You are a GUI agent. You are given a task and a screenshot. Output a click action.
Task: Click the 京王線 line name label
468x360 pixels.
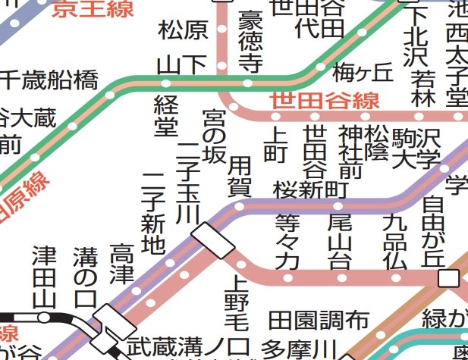(93, 8)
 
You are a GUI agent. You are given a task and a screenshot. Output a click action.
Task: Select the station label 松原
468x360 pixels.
(183, 31)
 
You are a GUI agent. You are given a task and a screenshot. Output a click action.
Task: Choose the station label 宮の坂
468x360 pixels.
(214, 137)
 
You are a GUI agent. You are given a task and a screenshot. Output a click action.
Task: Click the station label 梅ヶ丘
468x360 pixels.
(363, 73)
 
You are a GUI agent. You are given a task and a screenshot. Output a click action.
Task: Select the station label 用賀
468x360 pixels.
(240, 176)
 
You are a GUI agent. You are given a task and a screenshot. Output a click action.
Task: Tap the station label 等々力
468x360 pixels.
(287, 242)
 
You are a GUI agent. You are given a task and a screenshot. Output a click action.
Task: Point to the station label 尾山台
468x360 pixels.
(339, 242)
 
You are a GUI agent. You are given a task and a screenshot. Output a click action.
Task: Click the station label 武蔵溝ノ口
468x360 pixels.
(187, 347)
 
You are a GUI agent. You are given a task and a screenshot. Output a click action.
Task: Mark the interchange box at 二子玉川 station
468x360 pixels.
(213, 240)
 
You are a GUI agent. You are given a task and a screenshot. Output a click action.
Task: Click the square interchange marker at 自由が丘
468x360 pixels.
(449, 278)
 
